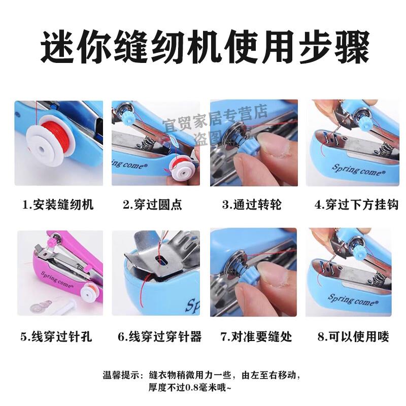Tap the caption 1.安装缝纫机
58,205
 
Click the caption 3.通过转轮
251,205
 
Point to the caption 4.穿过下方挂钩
350,205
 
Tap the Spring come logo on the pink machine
56,278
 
